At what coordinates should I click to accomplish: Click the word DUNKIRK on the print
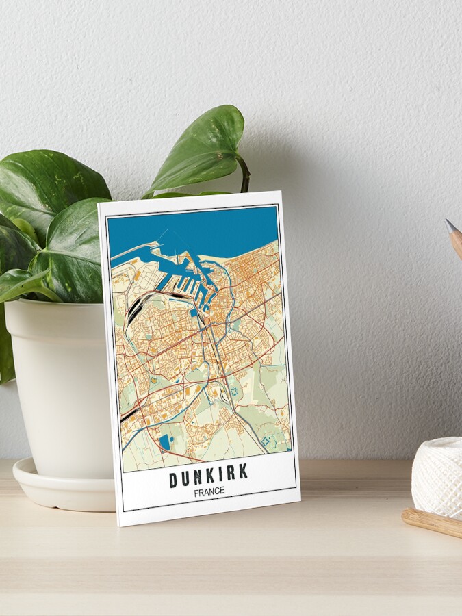(x=208, y=476)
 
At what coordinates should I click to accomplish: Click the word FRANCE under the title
(x=209, y=491)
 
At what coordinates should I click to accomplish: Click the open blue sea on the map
(x=198, y=229)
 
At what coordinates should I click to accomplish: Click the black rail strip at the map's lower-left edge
(x=127, y=415)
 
